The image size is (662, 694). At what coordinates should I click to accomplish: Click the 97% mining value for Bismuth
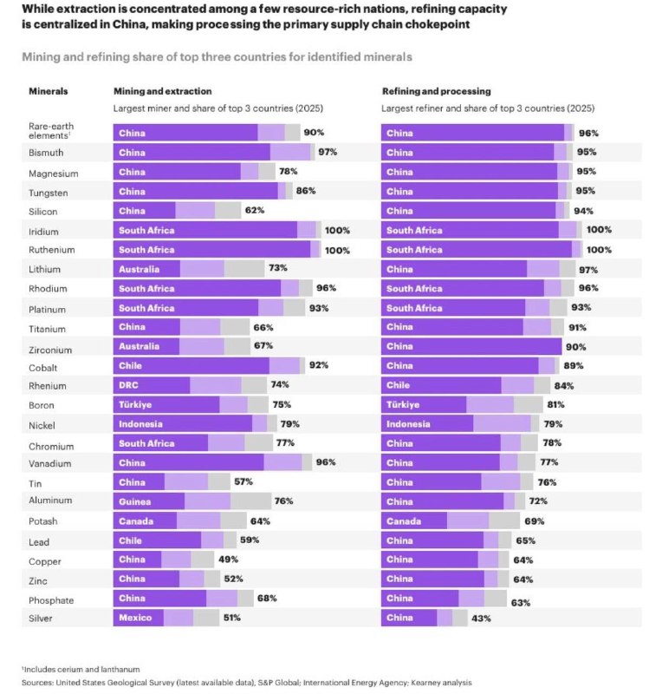(328, 152)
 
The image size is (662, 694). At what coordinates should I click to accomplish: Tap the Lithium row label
(45, 269)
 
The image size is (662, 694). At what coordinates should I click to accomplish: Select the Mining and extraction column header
(163, 91)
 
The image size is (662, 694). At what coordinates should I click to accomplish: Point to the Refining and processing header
(437, 91)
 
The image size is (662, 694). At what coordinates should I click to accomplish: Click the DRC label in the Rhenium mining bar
(128, 385)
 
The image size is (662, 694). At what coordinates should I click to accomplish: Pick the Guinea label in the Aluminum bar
(135, 501)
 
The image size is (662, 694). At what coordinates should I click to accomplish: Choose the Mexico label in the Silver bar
(135, 618)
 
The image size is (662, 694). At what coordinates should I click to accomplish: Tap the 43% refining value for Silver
(481, 619)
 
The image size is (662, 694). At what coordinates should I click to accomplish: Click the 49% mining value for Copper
(228, 559)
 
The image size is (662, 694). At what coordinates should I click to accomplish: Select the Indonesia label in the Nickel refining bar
(408, 424)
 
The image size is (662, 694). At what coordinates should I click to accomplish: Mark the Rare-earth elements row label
(51, 131)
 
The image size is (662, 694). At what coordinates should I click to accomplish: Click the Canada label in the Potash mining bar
(136, 521)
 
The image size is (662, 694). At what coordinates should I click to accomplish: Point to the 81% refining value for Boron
(556, 404)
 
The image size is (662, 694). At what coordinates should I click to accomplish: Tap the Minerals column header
(49, 91)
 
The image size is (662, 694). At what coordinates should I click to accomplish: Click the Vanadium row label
(50, 463)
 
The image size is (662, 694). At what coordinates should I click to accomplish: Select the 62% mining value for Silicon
(255, 210)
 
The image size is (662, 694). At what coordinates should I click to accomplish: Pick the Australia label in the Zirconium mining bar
(139, 346)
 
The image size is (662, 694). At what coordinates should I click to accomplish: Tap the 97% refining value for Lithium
(588, 270)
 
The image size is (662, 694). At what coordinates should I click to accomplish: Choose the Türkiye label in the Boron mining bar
(135, 404)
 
